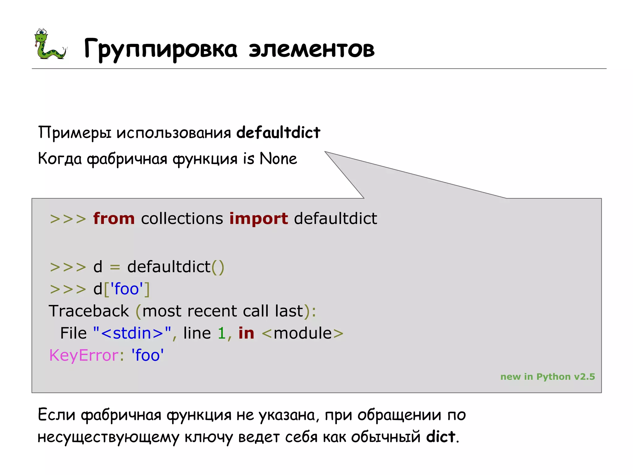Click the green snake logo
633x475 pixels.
point(49,44)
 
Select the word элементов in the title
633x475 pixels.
point(312,49)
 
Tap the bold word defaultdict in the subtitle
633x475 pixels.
point(278,132)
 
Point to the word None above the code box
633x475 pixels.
point(278,159)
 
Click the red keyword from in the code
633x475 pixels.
point(114,219)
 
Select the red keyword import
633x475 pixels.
point(259,219)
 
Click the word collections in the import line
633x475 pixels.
point(182,219)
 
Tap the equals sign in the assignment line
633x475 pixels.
point(115,267)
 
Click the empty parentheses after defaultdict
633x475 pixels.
point(218,267)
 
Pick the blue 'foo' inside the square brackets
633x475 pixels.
point(127,289)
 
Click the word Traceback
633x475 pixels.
point(89,311)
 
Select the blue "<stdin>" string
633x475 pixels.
point(132,333)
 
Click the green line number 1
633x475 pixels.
point(222,333)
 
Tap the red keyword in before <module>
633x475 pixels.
point(246,333)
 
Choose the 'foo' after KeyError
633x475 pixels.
point(147,355)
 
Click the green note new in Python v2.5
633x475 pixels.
point(547,377)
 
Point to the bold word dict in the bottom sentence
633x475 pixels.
point(440,437)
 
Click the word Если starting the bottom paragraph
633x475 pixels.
point(57,415)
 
